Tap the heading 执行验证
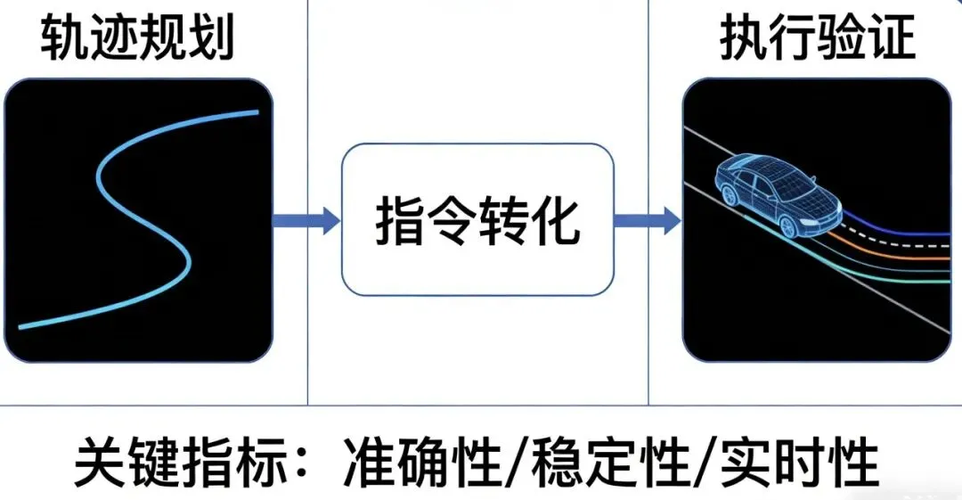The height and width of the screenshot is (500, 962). click(x=818, y=40)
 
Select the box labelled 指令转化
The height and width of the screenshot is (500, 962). click(x=478, y=219)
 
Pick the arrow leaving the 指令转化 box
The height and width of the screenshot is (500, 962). click(x=648, y=219)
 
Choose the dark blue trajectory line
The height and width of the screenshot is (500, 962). click(x=900, y=230)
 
